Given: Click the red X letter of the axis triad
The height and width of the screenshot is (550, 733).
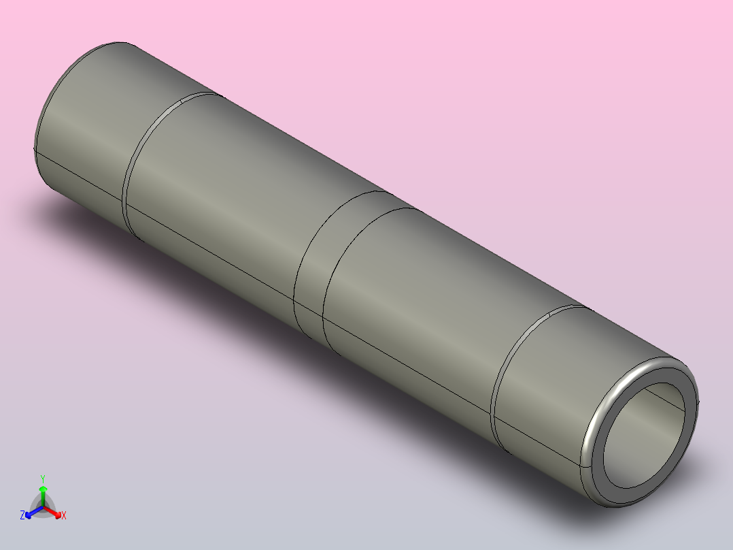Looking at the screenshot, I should [x=64, y=516].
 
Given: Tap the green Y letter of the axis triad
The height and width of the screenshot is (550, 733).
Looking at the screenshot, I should [x=43, y=478].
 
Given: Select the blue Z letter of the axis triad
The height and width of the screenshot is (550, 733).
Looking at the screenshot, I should [x=22, y=515].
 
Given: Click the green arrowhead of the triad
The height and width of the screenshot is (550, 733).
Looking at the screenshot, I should [x=43, y=489].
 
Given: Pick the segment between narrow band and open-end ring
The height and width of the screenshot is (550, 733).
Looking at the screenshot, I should [x=422, y=300].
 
